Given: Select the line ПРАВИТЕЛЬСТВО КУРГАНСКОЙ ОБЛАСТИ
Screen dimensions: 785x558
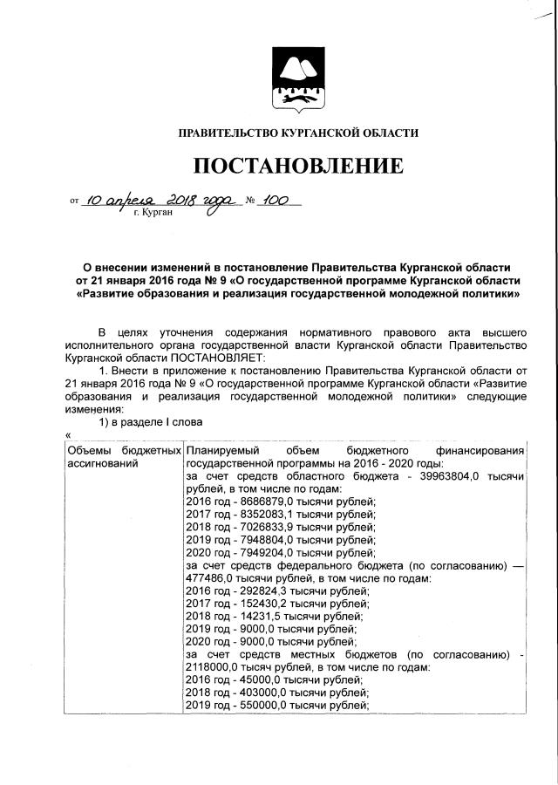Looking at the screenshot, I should coord(298,133).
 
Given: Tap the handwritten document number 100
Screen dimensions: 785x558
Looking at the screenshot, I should coord(276,200).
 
